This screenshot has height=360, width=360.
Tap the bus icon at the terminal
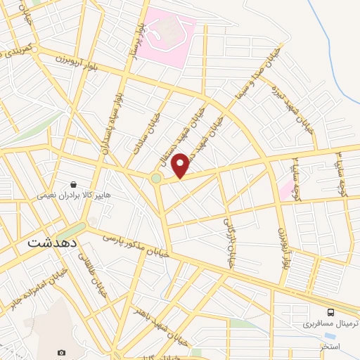pos(330,311)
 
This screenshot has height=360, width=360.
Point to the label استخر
pos(330,347)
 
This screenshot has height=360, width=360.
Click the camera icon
pos(61,352)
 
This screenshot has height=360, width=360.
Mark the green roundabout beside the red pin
pos(155,179)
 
